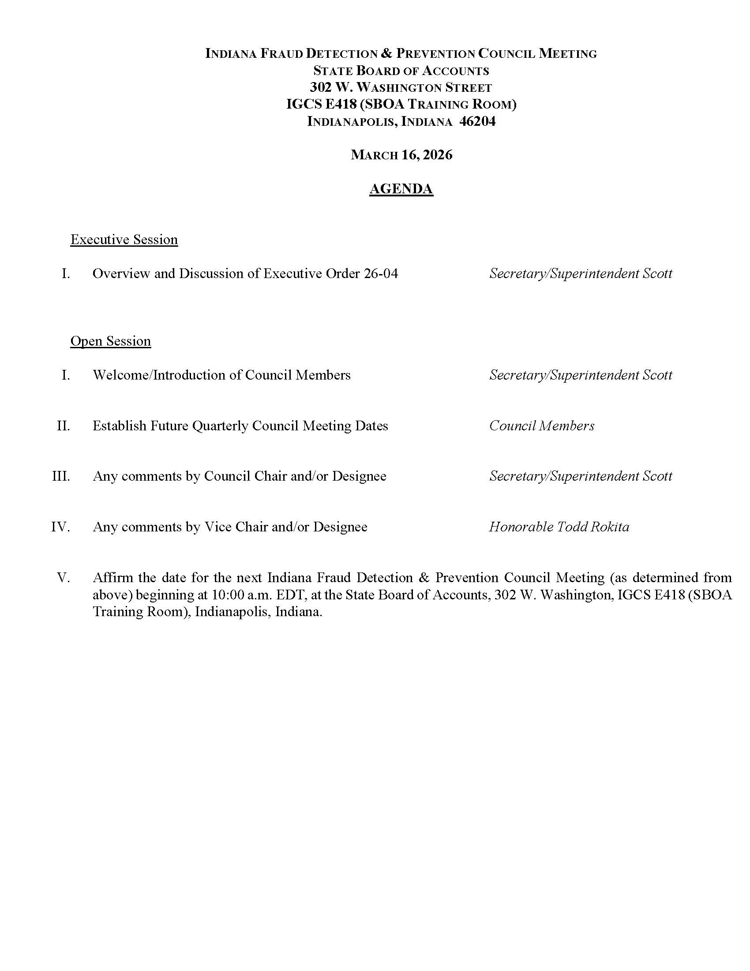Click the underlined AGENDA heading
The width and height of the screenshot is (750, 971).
401,189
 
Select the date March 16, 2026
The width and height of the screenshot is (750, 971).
401,155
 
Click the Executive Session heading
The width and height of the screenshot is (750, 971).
124,240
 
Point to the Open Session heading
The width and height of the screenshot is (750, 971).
111,341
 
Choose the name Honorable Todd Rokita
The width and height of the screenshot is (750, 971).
559,527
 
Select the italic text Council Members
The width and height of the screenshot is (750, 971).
542,426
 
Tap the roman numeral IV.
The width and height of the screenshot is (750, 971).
60,527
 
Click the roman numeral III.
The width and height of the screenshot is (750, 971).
61,476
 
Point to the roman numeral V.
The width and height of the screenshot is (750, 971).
64,578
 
